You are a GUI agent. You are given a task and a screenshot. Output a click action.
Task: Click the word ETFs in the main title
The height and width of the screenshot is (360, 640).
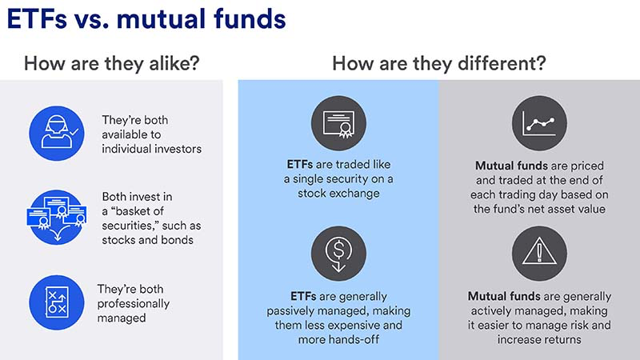coord(37,19)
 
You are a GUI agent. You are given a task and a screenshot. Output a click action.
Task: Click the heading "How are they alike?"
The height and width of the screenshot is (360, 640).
coord(111,64)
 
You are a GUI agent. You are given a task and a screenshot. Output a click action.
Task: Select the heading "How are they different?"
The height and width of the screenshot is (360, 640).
coord(438,64)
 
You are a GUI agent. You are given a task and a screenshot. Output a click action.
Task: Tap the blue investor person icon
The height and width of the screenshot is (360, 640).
coord(57,133)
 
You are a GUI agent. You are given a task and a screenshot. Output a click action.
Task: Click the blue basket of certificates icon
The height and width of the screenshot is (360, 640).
coord(57,217)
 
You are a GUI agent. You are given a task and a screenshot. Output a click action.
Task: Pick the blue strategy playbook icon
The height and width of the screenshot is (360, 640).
coord(57,302)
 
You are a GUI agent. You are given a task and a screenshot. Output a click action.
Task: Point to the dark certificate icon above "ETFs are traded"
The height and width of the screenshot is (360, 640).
coord(338,123)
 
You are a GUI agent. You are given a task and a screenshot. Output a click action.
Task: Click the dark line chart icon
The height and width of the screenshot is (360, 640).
coord(539,123)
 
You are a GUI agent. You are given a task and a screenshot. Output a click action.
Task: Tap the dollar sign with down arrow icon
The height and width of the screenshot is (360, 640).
coord(338,254)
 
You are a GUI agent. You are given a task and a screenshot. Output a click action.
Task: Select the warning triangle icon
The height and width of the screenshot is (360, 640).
coord(539,254)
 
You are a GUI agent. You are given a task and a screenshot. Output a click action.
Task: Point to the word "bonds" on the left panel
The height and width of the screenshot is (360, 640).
coord(177,240)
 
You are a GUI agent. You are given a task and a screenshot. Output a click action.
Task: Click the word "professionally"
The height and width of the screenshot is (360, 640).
coord(133,304)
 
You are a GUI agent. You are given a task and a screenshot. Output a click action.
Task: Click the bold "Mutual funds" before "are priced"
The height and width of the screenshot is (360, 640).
coord(511,166)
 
